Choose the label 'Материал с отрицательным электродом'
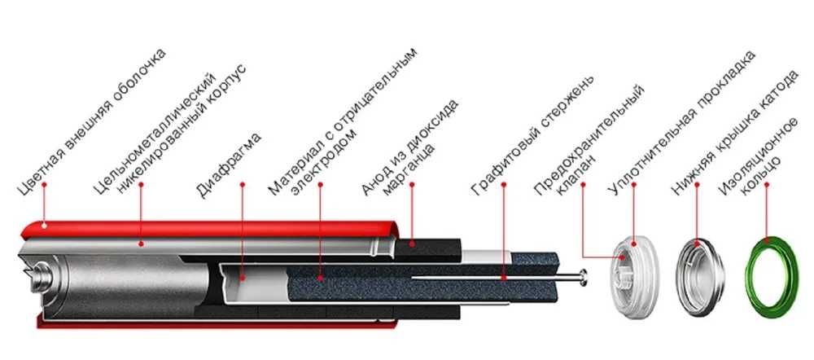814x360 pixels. tap(346, 122)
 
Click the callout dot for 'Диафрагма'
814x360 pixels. tap(244, 278)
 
